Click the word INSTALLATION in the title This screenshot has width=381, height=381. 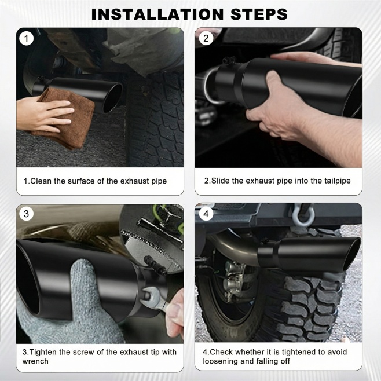[157, 14]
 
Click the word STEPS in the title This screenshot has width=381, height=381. [259, 14]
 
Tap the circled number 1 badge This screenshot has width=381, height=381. [26, 39]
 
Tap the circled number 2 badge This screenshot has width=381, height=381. [206, 38]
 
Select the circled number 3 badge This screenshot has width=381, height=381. [26, 214]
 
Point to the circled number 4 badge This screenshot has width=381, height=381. [206, 214]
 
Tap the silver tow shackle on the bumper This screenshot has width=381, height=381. [303, 215]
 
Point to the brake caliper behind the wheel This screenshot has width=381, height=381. [234, 280]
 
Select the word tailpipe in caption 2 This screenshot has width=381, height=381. [338, 181]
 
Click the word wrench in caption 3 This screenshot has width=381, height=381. [35, 361]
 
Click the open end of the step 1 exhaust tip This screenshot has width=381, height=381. [112, 98]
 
